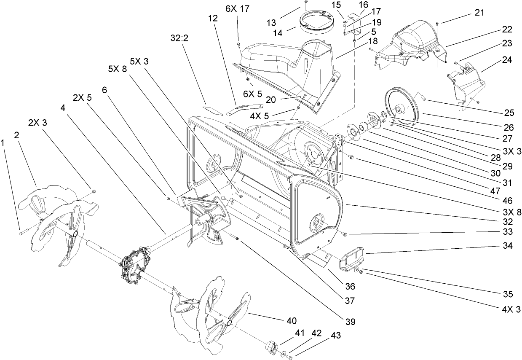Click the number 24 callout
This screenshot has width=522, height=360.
(x=507, y=60)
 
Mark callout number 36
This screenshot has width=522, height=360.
(x=350, y=286)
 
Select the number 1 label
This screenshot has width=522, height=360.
(x=3, y=143)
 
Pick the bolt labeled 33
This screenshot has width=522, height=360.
(x=345, y=234)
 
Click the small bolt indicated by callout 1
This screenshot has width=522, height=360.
(x=22, y=231)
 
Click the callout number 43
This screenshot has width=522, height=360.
(x=335, y=336)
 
